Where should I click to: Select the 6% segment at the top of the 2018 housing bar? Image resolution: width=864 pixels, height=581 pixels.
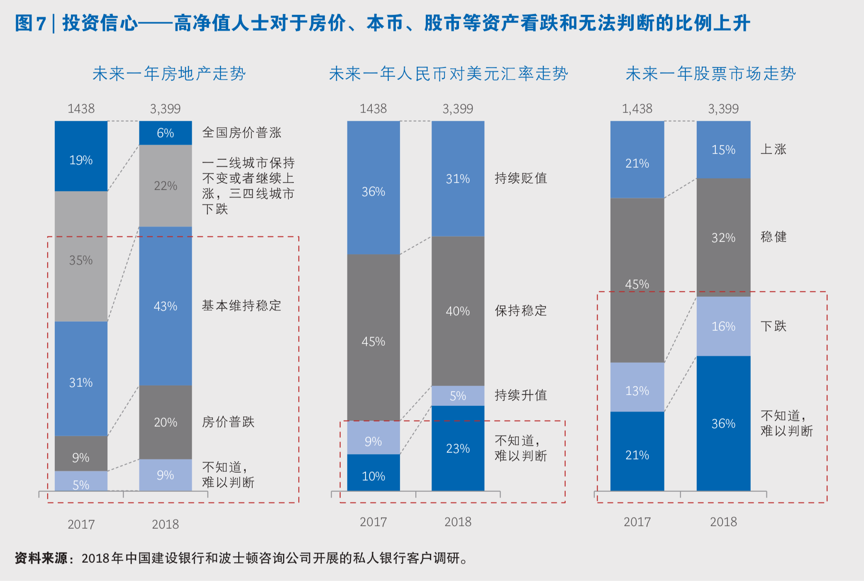point(165,133)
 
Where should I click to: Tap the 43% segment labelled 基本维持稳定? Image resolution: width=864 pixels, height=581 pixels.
point(165,306)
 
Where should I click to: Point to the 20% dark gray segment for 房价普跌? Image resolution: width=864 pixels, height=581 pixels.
point(165,422)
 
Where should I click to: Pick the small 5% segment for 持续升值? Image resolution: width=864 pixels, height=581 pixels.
point(458,395)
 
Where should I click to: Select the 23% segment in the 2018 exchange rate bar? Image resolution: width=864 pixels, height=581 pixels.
point(458,448)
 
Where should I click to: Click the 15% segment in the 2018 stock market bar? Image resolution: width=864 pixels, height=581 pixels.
point(723,149)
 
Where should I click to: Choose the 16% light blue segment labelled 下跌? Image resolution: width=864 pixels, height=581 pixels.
point(723,326)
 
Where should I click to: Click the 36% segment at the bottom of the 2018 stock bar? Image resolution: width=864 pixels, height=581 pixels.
point(723,423)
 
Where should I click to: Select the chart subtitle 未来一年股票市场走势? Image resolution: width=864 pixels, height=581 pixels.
point(710,74)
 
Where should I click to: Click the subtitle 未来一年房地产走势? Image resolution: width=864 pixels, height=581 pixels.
point(169,74)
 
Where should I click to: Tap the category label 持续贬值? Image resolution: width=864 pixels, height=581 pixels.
point(520,178)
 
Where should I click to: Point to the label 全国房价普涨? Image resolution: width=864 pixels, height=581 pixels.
point(242,133)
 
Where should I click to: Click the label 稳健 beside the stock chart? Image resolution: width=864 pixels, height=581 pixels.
point(773,237)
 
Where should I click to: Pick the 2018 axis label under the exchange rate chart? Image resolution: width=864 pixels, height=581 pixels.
point(458,522)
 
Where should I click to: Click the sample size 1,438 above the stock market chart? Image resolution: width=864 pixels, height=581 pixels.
point(637,109)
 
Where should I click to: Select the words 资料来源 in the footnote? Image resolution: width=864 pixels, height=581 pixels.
point(41,558)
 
